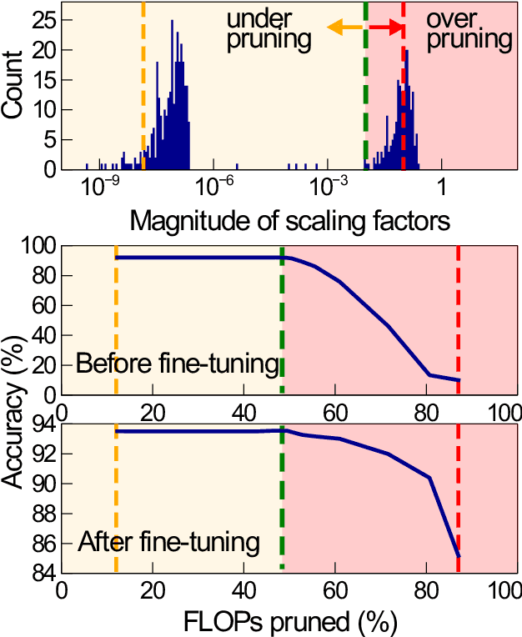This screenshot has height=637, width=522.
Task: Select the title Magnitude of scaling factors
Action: tap(290, 221)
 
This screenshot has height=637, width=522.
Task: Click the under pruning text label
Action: tap(269, 28)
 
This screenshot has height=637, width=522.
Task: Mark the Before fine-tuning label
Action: tap(177, 364)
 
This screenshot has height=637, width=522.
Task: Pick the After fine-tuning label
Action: tap(168, 544)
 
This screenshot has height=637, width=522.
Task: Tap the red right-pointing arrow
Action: tap(384, 28)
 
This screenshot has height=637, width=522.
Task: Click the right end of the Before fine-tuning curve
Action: tap(459, 380)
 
